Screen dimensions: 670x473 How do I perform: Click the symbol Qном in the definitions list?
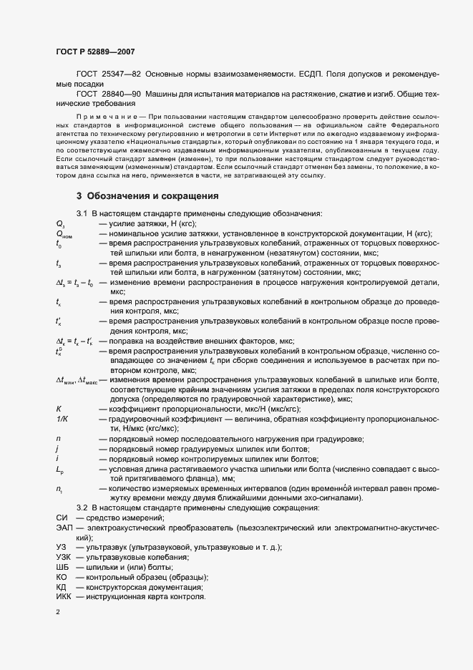[64, 234]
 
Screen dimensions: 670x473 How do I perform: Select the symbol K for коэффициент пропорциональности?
[58, 408]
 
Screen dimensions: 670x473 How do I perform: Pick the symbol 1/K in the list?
[62, 418]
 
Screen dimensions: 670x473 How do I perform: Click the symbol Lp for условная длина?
[60, 468]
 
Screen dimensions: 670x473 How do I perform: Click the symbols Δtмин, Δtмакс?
[82, 379]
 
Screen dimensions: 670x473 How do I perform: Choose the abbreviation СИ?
[62, 518]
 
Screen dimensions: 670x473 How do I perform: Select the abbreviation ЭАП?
[64, 527]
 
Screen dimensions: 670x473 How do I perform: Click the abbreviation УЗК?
[64, 557]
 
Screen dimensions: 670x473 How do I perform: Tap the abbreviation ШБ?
[62, 567]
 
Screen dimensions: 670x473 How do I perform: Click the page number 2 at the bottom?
[58, 613]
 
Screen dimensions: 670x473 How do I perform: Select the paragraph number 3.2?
[82, 508]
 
